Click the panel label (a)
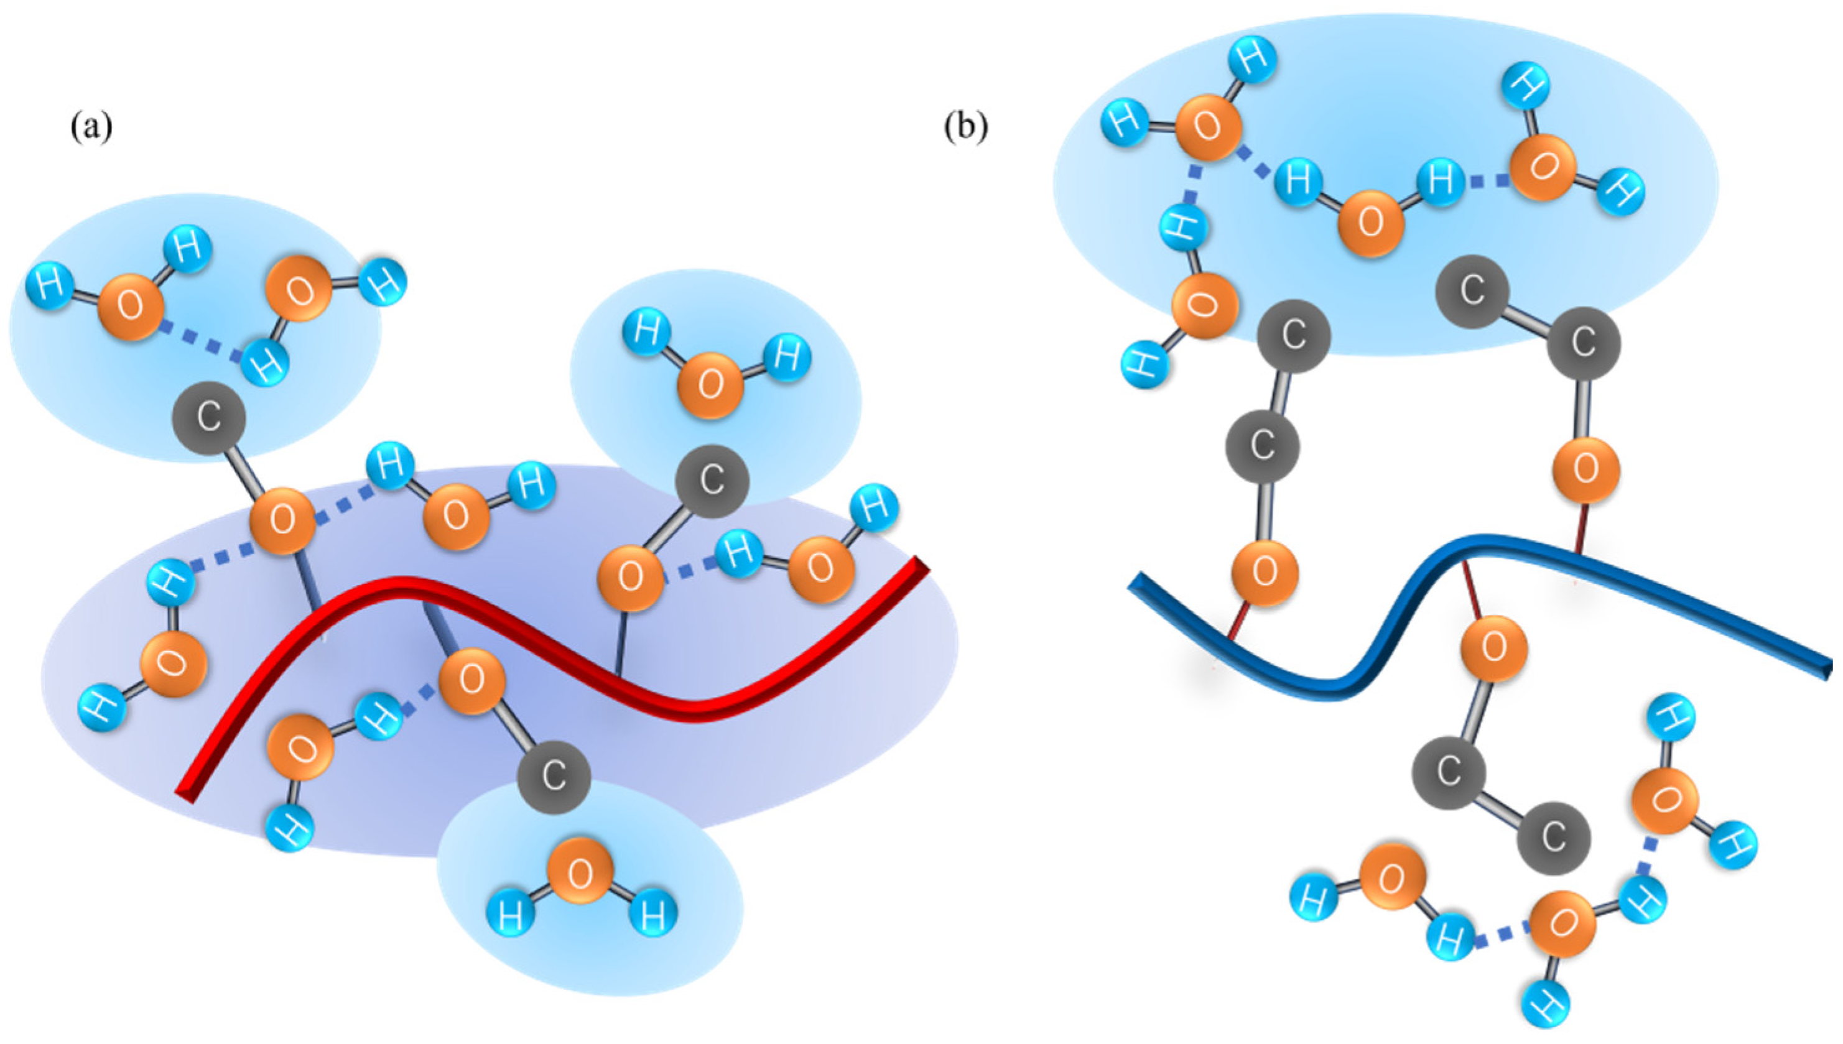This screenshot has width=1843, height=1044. [x=91, y=127]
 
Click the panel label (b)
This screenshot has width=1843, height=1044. [x=965, y=127]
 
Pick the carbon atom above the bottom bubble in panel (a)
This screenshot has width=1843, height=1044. [x=554, y=777]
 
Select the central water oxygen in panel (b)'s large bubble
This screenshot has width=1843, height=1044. [x=1370, y=222]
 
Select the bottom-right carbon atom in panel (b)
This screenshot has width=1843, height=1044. [x=1554, y=838]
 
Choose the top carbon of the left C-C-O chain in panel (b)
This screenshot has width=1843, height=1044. [x=1294, y=335]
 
